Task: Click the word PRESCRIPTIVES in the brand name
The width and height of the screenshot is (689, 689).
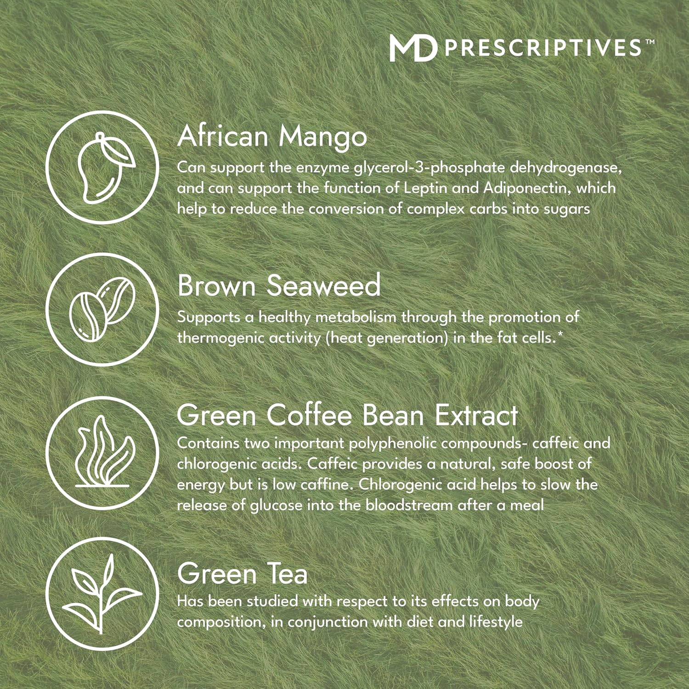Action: click(x=543, y=48)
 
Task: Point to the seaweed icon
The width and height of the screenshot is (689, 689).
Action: click(x=103, y=452)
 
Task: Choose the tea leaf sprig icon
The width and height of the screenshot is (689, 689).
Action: click(x=102, y=593)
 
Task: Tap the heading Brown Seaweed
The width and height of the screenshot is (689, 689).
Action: click(x=279, y=286)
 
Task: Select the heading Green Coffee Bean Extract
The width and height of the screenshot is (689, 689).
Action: click(x=348, y=415)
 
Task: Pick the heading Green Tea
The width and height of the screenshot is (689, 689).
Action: click(x=243, y=574)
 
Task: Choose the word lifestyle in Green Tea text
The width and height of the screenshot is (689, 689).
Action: click(x=496, y=622)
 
